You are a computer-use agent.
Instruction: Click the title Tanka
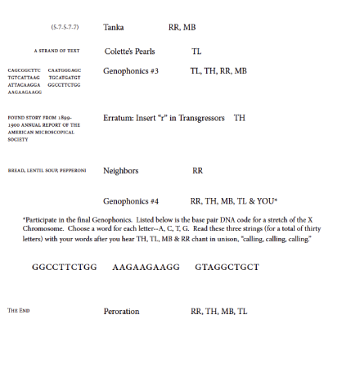pos(114,28)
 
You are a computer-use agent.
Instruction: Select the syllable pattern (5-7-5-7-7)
pos(65,28)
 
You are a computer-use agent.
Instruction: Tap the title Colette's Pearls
pos(129,52)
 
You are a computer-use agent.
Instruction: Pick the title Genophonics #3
pos(131,71)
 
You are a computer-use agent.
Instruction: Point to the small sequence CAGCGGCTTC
pos(24,71)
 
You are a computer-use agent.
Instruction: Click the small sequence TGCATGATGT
pos(65,78)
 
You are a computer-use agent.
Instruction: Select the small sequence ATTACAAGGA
pos(24,85)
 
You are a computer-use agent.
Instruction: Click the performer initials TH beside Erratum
pos(240,119)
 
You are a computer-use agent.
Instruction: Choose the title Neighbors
pos(120,171)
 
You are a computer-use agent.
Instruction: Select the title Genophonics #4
pos(131,201)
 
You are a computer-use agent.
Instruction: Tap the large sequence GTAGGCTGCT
pos(227,268)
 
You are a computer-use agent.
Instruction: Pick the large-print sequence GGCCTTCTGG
pos(65,268)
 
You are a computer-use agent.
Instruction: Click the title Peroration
pos(121,312)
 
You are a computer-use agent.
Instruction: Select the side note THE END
pos(19,312)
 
